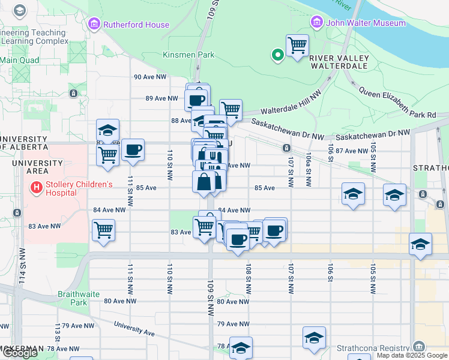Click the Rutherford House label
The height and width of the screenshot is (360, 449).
[x=136, y=25]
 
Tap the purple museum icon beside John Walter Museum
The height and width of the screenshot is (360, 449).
[x=317, y=23]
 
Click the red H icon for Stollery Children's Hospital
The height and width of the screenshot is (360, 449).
[x=37, y=188]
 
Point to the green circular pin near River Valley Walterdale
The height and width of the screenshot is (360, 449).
[x=278, y=56]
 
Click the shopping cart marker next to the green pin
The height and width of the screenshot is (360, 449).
[x=297, y=45]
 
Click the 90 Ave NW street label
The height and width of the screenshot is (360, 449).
[x=150, y=77]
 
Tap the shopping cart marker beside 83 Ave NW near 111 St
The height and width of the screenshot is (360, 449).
[x=103, y=229]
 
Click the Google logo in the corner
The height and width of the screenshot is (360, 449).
[x=20, y=353]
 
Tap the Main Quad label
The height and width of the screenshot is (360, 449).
[x=20, y=60]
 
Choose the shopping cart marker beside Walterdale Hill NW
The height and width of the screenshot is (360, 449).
[x=231, y=110]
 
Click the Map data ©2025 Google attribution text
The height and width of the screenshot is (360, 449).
[x=412, y=355]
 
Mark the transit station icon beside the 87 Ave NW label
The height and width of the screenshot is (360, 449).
[x=287, y=148]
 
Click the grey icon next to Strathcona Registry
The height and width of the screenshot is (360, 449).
[x=418, y=347]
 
